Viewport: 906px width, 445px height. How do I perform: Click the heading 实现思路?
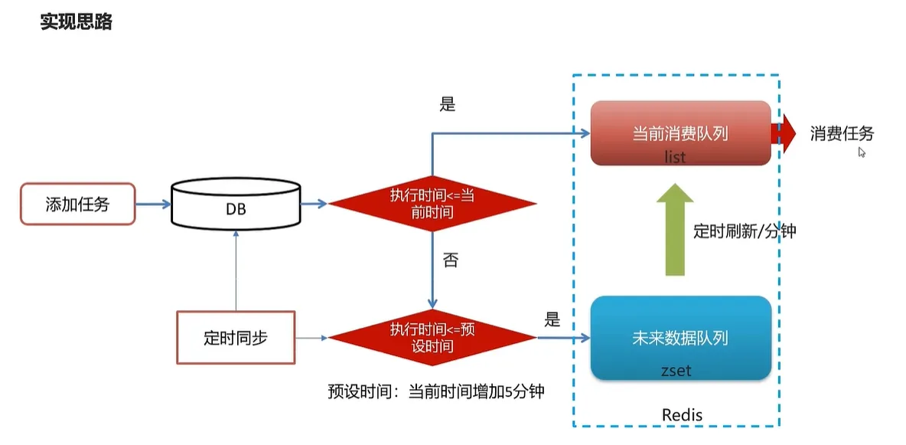click(76, 21)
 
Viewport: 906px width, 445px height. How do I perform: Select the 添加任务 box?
click(77, 204)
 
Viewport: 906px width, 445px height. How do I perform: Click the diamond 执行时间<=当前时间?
click(432, 204)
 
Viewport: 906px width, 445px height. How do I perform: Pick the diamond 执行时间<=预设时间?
click(432, 338)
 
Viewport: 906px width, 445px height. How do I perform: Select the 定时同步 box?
click(236, 337)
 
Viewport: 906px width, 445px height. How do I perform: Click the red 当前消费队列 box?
click(680, 133)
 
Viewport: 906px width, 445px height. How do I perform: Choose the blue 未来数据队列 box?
click(680, 338)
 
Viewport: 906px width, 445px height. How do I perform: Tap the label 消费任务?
click(842, 134)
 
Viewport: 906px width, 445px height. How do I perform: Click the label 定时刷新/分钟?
click(744, 231)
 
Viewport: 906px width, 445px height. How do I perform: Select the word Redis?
click(682, 415)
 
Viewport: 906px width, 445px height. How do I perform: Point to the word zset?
click(676, 371)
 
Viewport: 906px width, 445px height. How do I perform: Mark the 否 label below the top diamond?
click(451, 260)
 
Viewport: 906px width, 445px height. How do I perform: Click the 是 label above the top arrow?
click(448, 105)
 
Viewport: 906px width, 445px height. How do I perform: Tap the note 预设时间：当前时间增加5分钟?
click(435, 391)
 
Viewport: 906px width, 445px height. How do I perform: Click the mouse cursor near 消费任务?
click(862, 152)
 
